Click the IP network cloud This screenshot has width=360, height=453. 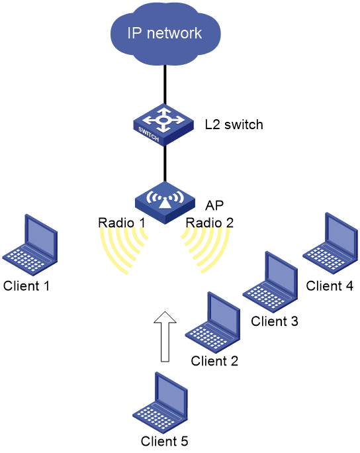tap(165, 32)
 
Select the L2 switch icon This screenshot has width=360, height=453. tap(163, 125)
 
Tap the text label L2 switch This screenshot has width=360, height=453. tap(234, 125)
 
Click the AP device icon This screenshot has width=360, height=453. tap(165, 203)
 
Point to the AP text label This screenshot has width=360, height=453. tap(214, 205)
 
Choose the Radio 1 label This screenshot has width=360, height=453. tap(122, 223)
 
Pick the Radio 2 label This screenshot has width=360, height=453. tap(209, 223)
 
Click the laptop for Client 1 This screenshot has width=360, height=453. tap(30, 244)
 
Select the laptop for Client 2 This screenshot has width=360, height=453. tap(213, 323)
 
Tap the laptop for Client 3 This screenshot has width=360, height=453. tap(270, 282)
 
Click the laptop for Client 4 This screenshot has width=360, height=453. tap(330, 243)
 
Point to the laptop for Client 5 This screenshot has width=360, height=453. tap(160, 403)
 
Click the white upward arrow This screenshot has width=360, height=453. tap(165, 336)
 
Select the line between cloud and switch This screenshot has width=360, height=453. tap(165, 84)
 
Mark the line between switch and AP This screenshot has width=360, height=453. tap(165, 164)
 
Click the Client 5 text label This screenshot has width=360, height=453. tap(164, 441)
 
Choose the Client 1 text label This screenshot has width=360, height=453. tap(26, 285)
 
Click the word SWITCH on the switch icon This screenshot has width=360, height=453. tap(149, 134)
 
